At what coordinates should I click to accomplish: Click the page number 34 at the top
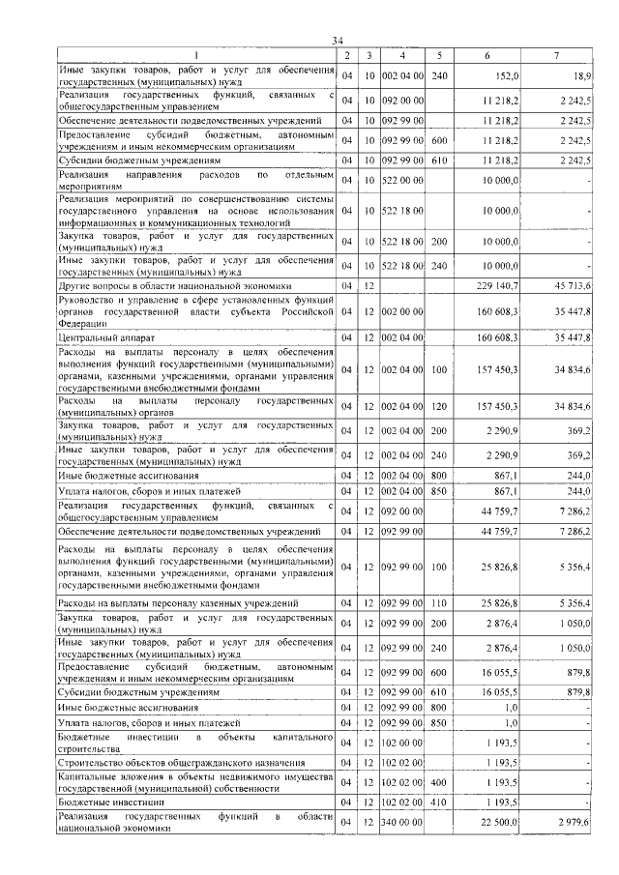[x=338, y=40]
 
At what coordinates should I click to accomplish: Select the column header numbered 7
[x=557, y=55]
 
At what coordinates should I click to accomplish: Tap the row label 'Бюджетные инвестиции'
[x=109, y=802]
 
